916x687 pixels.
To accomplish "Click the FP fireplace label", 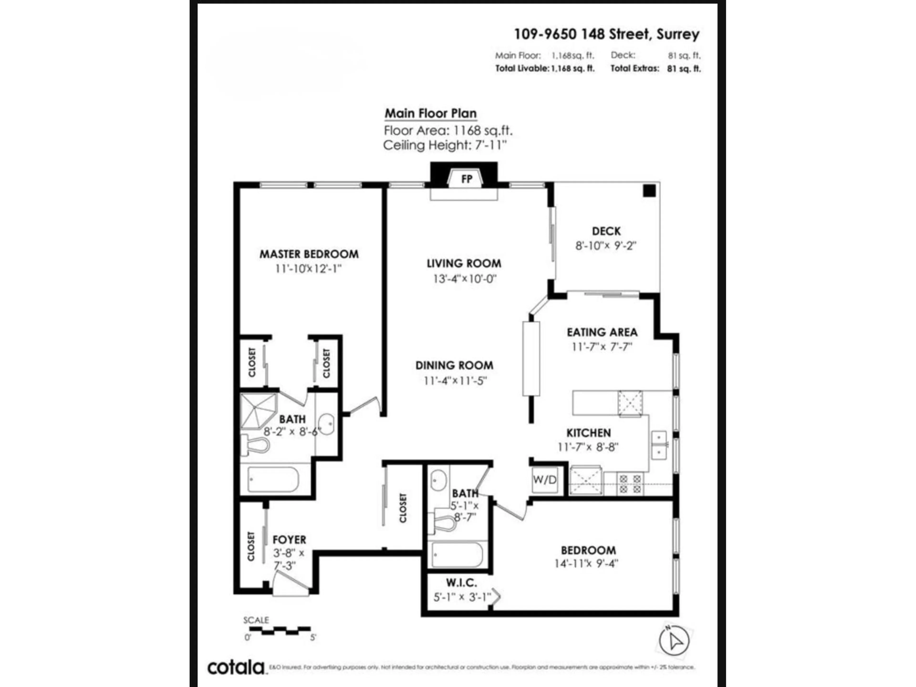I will coord(467,179).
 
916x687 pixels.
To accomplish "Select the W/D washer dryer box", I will coord(545,480).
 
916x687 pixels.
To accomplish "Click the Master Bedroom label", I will coord(309,254).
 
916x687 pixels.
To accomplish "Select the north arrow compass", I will coord(674,641).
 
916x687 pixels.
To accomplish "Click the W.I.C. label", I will coord(461,583).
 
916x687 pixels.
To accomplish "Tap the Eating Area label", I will coord(602,332).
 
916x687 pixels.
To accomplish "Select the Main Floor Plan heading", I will coord(431,113).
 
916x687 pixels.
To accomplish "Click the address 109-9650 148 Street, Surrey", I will coord(607,34).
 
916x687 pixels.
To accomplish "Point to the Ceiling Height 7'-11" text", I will coord(445,145).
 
